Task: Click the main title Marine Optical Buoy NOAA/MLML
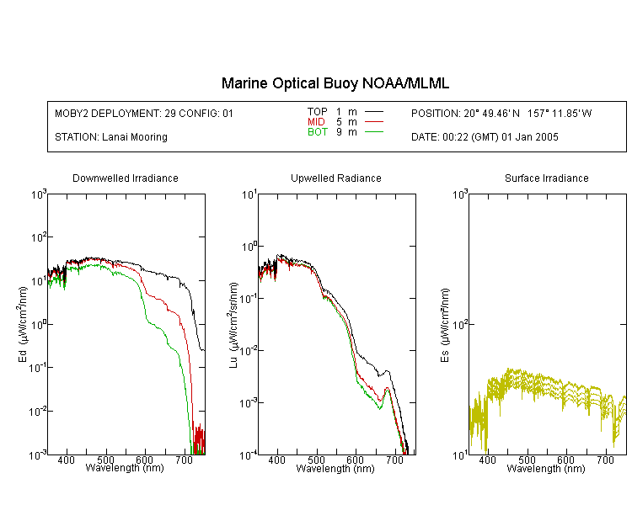(x=335, y=83)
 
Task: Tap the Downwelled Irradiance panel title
(x=126, y=178)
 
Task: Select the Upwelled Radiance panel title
(x=336, y=178)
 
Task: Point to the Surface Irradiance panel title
(x=547, y=178)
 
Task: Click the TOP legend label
(x=318, y=112)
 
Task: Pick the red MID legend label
(x=316, y=121)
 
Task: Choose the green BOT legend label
(x=318, y=131)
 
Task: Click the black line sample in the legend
(x=374, y=112)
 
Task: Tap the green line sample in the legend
(x=374, y=131)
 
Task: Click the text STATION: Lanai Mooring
(x=111, y=137)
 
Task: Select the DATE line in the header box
(x=485, y=137)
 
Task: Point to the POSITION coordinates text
(x=501, y=114)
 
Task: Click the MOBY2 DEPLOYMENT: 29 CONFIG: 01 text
(x=144, y=114)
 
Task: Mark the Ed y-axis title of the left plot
(x=23, y=324)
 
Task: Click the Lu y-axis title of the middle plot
(x=233, y=325)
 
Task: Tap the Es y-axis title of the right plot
(x=445, y=325)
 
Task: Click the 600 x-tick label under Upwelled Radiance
(x=355, y=460)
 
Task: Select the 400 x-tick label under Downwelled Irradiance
(x=66, y=460)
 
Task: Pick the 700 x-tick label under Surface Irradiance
(x=604, y=460)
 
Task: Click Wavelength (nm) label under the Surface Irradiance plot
(x=546, y=469)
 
